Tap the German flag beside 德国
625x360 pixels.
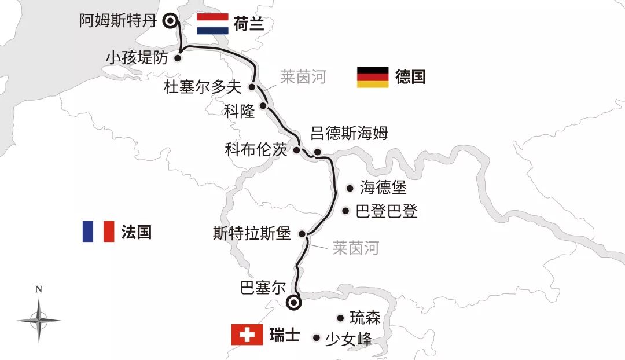[x=372, y=77]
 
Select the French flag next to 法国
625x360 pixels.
[x=98, y=232]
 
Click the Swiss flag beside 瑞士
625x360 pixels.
[x=247, y=335]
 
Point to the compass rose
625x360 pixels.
[x=39, y=319]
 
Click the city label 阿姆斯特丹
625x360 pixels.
[x=118, y=21]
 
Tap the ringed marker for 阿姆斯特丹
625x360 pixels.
[x=170, y=21]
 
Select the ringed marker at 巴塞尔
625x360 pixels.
[x=295, y=302]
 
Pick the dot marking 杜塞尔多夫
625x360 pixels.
[x=252, y=87]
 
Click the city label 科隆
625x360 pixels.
[x=239, y=111]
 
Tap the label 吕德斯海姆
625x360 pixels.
[x=349, y=133]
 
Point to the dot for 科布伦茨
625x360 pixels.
[x=297, y=150]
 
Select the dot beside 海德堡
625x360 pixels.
[x=350, y=188]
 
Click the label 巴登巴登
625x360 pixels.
[x=387, y=211]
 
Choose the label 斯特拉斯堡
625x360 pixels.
[x=252, y=234]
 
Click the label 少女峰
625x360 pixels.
[x=348, y=338]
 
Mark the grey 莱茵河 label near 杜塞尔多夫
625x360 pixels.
[x=303, y=77]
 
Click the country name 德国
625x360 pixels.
[x=410, y=77]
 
